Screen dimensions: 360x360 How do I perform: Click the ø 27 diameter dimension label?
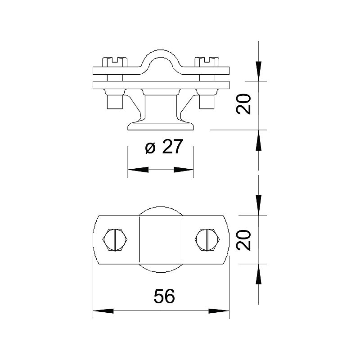(164, 147)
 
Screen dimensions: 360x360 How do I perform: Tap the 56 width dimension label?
(164, 296)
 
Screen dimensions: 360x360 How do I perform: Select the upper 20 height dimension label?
(243, 104)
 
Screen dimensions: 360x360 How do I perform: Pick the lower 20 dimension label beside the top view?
(243, 240)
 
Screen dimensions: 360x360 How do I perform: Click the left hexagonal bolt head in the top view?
(115, 239)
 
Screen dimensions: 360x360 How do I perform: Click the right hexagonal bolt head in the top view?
(207, 239)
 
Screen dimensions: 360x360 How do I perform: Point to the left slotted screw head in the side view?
(115, 62)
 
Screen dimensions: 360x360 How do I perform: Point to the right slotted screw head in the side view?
(207, 62)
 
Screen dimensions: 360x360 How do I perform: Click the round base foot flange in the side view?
(161, 126)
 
